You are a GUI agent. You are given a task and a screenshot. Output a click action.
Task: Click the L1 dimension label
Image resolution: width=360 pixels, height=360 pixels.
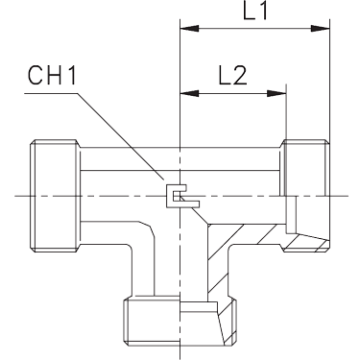point(255,12)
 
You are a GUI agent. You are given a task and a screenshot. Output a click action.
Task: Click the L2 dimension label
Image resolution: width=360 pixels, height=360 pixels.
point(232,76)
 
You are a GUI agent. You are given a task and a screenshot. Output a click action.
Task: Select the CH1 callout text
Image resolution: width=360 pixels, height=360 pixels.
point(53,76)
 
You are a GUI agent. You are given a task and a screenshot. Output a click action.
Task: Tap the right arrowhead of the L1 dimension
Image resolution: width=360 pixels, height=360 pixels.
point(321,29)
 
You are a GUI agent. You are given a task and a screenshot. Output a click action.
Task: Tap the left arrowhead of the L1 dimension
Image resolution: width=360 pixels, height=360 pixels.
point(190,29)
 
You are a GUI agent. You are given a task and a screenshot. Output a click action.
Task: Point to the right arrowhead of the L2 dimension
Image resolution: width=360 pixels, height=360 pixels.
point(276,93)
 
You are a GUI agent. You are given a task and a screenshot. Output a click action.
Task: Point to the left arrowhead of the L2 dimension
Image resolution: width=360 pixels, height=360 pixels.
point(190,93)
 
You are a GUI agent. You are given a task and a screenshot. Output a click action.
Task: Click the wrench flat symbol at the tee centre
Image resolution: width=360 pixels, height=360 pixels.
point(182,196)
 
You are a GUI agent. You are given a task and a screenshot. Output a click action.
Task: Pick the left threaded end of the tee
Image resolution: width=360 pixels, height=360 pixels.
point(55,196)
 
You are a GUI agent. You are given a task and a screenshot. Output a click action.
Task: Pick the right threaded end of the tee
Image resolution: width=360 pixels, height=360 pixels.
point(305,196)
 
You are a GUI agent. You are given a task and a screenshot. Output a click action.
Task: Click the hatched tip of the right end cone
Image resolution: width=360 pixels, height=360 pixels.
point(308,243)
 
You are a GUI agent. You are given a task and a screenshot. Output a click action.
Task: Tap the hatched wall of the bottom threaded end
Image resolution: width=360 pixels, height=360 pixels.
point(228,324)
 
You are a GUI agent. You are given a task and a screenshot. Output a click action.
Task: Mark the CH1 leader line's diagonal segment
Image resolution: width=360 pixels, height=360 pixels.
point(120,135)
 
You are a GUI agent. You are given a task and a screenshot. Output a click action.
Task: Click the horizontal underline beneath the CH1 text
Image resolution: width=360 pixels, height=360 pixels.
point(51,93)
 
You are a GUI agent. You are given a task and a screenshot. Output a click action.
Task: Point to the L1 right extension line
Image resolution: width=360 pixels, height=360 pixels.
point(329,80)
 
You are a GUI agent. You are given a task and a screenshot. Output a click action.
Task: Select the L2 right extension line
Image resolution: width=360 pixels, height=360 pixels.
point(286,112)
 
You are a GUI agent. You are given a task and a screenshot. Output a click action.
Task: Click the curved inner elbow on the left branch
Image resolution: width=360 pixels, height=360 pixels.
point(148,228)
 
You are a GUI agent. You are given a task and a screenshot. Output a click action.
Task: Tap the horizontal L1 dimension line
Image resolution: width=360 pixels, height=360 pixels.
point(255,29)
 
